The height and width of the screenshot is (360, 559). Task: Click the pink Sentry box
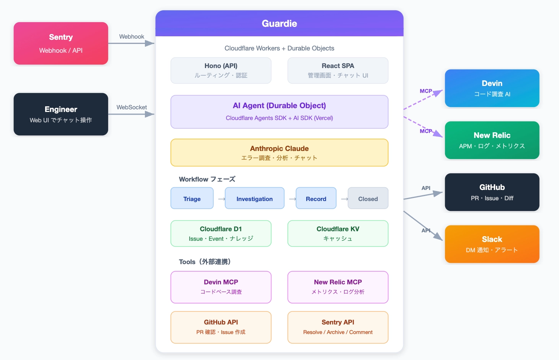61,44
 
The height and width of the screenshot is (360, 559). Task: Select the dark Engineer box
61,114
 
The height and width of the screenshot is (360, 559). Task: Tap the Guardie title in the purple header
279,24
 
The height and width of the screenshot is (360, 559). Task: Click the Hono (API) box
221,71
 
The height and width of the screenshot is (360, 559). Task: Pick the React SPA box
338,71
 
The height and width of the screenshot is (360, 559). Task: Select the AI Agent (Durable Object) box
279,112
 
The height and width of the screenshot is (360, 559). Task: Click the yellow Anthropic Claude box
279,153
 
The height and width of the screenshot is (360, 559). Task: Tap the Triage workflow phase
192,198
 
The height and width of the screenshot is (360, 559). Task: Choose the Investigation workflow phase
255,198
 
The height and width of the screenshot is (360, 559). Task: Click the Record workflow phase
316,198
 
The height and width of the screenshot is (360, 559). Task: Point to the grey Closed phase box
368,198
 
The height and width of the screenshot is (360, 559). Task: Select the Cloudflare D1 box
221,233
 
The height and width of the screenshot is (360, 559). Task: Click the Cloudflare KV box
338,233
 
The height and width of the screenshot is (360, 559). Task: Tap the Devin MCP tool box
221,287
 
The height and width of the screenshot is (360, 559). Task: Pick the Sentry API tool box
338,327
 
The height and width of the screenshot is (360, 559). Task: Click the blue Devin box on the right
492,88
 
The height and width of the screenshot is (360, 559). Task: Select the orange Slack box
492,244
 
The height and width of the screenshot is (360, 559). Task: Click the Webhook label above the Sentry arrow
131,37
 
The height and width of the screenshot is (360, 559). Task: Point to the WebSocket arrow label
131,107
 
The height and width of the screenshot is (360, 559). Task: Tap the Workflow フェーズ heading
207,179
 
